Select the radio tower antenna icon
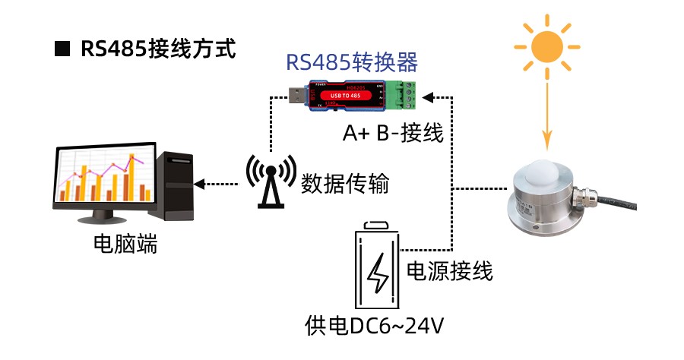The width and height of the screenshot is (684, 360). pyautogui.click(x=270, y=182)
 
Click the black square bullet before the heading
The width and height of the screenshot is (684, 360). pyautogui.click(x=62, y=50)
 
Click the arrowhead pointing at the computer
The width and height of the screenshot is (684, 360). pyautogui.click(x=200, y=183)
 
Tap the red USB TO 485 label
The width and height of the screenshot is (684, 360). pyautogui.click(x=352, y=95)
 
